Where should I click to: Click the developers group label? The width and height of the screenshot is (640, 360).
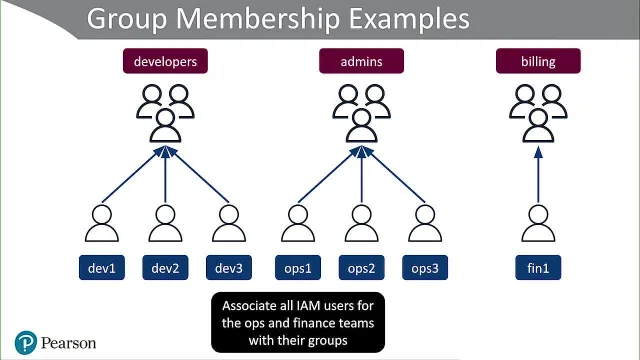(165, 61)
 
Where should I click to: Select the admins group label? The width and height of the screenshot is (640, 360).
(362, 61)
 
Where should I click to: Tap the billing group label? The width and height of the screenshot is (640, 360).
(538, 61)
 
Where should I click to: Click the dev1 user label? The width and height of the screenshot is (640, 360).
(102, 268)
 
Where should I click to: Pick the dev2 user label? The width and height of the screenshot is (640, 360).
(165, 268)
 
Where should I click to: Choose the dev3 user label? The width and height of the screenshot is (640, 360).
(229, 268)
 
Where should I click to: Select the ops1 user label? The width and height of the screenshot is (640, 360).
(298, 268)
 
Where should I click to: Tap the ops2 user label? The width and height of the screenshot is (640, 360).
(362, 268)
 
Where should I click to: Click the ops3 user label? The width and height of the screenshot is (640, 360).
(425, 268)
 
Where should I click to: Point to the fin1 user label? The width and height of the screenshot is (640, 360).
(538, 268)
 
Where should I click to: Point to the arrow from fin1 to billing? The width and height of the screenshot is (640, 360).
(538, 175)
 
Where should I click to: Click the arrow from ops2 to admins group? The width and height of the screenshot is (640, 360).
(362, 175)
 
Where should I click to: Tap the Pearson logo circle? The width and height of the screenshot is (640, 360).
(26, 343)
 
